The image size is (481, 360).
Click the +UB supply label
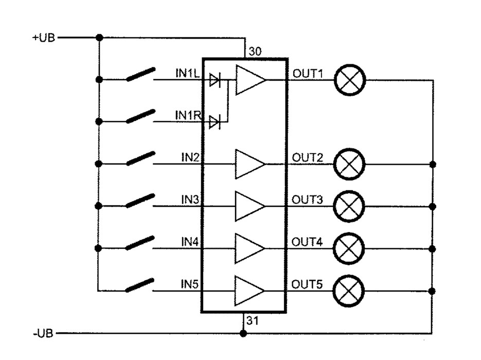(x=43, y=38)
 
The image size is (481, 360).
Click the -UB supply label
(x=43, y=333)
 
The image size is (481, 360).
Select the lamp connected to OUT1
(x=350, y=80)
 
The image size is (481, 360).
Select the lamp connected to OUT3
(x=350, y=206)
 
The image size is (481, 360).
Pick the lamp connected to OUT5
(x=350, y=290)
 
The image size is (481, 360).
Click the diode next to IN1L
(x=215, y=80)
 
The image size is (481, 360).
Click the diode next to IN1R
(x=215, y=122)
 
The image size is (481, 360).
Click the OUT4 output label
(x=307, y=241)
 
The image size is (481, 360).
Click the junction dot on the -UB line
(x=243, y=333)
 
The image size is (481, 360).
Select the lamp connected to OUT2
(x=350, y=164)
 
